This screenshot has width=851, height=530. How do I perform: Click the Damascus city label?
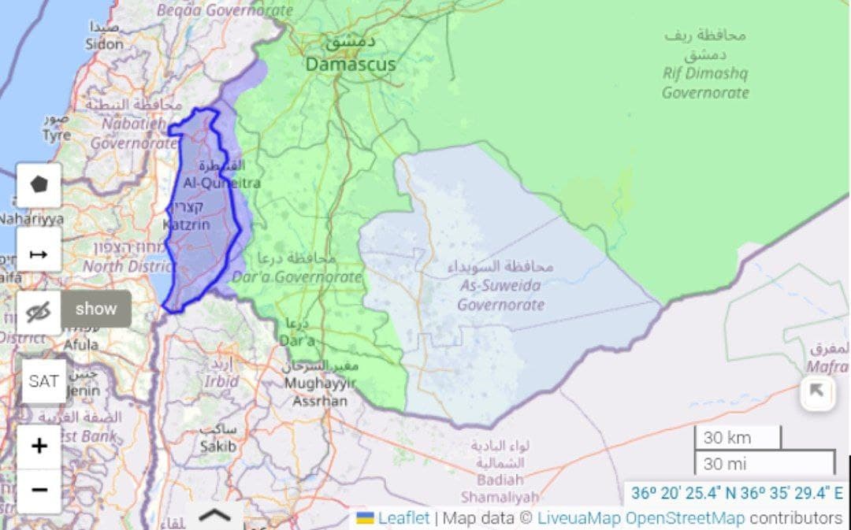click(351, 64)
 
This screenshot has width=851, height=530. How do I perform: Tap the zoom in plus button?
click(39, 447)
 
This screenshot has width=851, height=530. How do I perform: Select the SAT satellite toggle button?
click(43, 381)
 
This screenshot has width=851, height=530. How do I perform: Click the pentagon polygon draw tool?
click(39, 185)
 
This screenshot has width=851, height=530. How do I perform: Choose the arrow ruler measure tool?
click(39, 254)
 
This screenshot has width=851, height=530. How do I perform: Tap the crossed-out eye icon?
click(38, 313)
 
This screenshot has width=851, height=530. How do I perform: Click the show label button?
click(96, 309)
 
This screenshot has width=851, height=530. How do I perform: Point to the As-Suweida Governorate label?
click(500, 295)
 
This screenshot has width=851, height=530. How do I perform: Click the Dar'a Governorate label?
click(296, 276)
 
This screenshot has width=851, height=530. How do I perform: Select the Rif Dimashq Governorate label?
click(704, 83)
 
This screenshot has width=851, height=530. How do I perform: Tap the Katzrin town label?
click(186, 224)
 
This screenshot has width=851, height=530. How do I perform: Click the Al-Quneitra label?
click(221, 183)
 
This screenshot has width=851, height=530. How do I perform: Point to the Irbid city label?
click(221, 380)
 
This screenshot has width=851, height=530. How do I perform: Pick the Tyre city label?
click(56, 135)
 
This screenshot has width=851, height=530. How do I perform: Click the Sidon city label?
click(104, 44)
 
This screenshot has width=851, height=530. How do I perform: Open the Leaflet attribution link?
click(403, 517)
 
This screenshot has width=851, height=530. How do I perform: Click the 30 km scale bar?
click(737, 438)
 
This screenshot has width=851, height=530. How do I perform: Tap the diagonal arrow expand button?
click(817, 391)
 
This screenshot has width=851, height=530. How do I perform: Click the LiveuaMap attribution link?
click(579, 517)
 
